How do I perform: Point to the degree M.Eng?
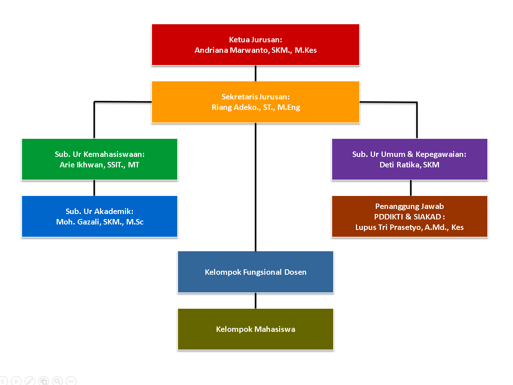289,107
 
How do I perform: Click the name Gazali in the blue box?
88,222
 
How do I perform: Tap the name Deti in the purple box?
387,165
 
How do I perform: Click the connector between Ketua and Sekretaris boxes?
256,73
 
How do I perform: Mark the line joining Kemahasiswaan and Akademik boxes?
94,188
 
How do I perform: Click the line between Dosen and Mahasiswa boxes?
256,301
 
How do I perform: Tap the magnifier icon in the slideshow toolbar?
57,381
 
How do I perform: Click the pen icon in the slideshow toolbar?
30,381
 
